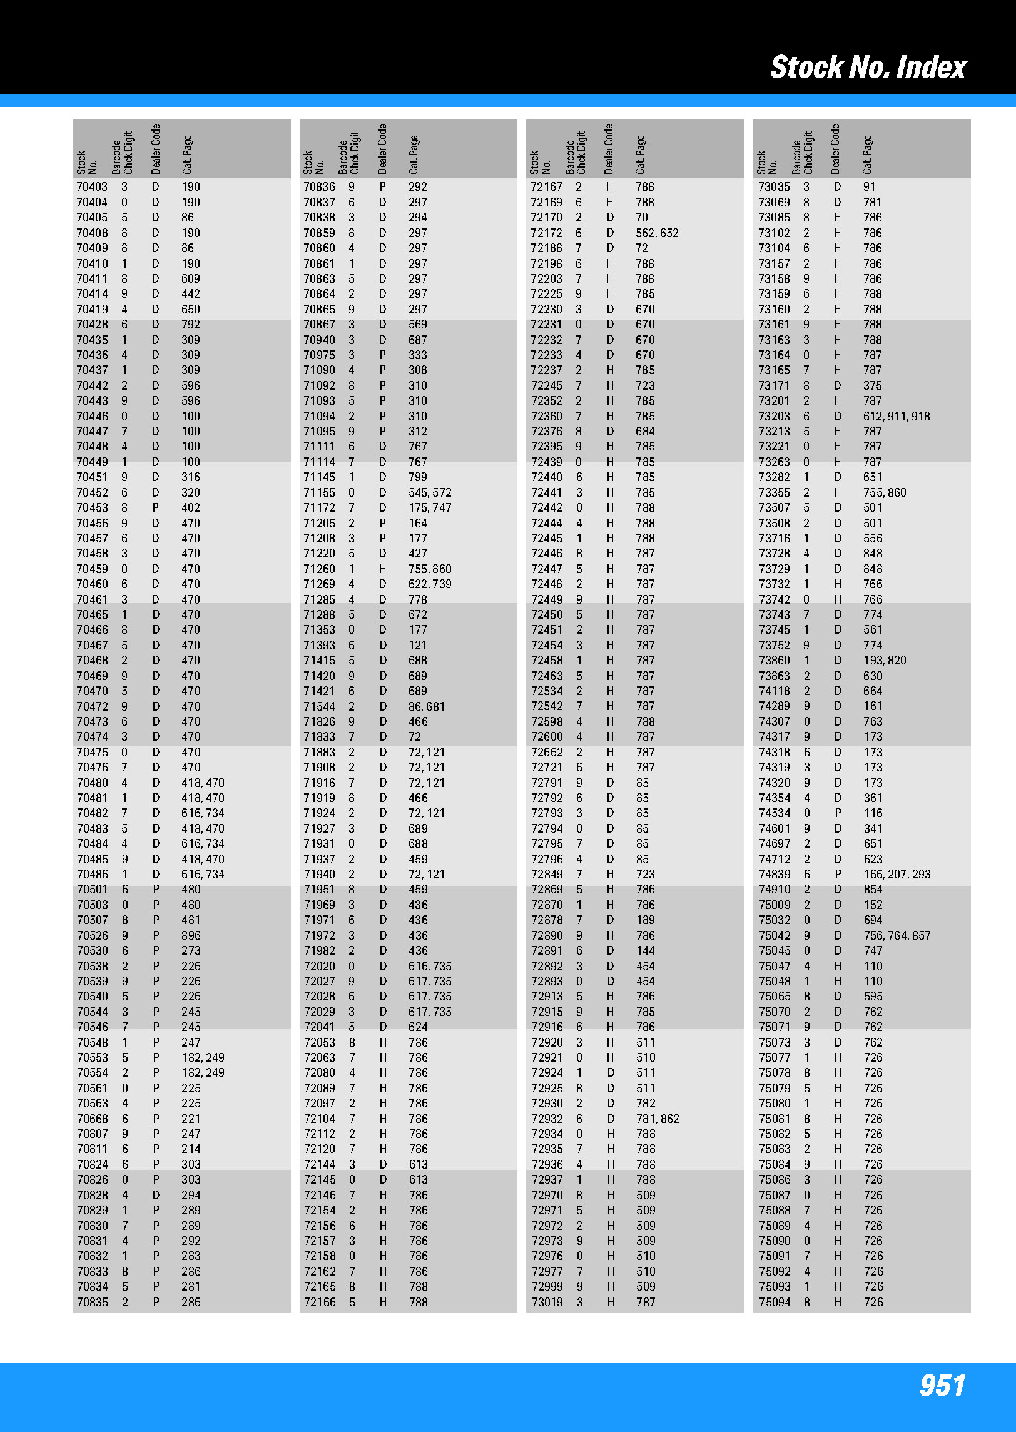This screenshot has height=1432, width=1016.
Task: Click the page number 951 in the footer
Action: (942, 1385)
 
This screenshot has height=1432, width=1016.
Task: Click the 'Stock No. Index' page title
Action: (868, 67)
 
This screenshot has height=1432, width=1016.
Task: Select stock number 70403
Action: (92, 187)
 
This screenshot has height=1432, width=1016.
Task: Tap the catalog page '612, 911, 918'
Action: (897, 417)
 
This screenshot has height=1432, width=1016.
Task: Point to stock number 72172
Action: (546, 233)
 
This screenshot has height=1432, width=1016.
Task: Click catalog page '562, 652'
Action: (657, 233)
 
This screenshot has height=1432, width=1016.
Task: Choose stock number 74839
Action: (774, 875)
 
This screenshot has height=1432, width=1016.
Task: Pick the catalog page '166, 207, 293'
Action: (897, 875)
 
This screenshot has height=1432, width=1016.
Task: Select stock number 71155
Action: (319, 493)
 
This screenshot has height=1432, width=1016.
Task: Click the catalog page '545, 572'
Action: (430, 493)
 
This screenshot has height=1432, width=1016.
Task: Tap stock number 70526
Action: (92, 936)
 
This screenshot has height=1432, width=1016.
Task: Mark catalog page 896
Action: (191, 936)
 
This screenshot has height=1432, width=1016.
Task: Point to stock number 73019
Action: (546, 1303)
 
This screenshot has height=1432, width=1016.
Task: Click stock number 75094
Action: (774, 1303)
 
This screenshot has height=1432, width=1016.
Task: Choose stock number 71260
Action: (319, 569)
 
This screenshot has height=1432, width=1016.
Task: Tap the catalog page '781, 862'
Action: (657, 1119)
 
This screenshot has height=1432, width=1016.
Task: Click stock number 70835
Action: (92, 1303)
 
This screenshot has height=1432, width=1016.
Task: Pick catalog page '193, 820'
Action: (884, 661)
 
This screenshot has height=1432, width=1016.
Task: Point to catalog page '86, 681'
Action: (427, 706)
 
